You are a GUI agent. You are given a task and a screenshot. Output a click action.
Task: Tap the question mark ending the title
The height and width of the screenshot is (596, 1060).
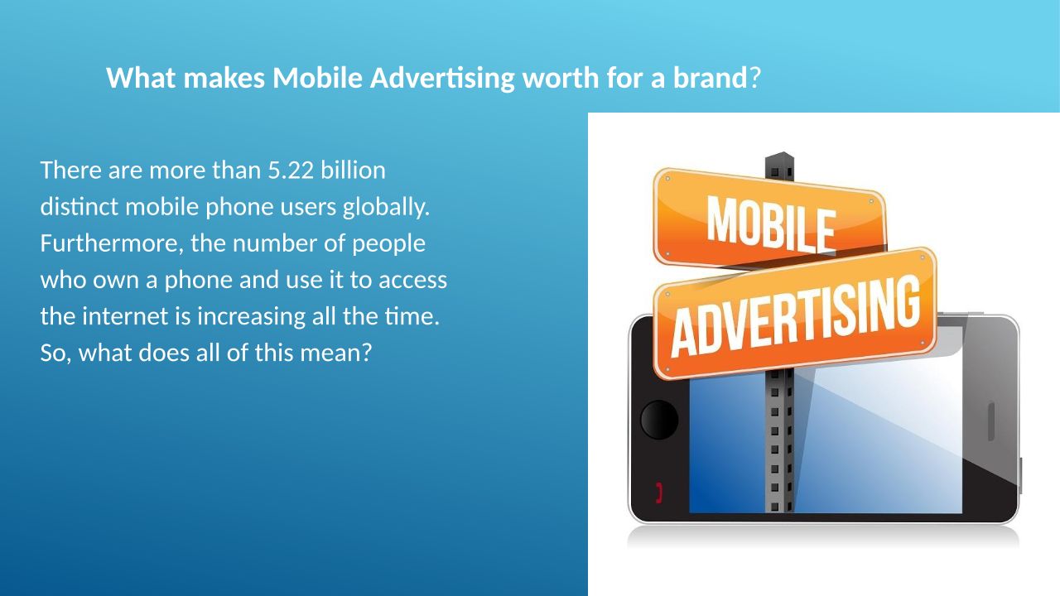(755, 78)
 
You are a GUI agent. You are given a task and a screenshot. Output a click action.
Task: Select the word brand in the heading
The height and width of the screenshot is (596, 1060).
(711, 78)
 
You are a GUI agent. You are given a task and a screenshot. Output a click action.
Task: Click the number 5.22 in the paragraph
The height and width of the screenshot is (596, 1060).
(291, 171)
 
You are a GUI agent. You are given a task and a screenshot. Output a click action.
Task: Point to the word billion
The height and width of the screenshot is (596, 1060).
(353, 170)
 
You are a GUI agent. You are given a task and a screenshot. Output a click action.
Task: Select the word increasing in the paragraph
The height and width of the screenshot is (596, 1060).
(251, 317)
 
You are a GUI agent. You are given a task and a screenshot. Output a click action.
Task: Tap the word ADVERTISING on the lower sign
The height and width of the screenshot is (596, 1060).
(795, 316)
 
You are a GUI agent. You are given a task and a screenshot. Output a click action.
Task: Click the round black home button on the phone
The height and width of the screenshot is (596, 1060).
(658, 420)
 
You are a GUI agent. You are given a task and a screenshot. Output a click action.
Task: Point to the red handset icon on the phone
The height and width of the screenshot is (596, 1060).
(658, 493)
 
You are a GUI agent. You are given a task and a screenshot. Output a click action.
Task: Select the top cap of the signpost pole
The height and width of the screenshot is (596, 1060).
(779, 166)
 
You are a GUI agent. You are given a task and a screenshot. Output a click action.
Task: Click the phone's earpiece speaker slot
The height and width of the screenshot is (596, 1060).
(990, 421)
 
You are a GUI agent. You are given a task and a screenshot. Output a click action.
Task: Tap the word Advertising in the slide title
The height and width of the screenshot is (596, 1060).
(442, 79)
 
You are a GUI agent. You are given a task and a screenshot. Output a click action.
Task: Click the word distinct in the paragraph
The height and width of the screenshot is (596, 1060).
(79, 207)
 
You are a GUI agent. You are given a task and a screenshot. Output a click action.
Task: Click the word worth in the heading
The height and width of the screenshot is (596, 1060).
(561, 78)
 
